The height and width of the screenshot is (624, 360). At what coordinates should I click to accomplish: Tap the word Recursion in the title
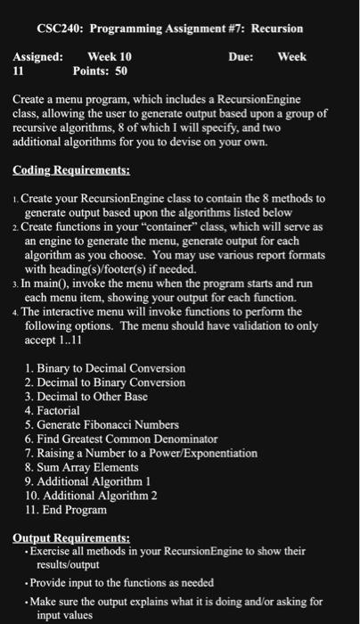tap(277, 29)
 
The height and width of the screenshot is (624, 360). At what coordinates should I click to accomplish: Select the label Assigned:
tap(38, 56)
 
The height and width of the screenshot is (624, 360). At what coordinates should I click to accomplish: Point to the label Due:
tap(241, 56)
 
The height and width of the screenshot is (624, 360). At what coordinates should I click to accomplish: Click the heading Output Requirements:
tap(72, 538)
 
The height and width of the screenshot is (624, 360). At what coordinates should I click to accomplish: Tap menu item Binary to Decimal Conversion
tap(110, 368)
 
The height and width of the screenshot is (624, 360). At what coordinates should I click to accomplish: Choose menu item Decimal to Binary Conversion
tap(110, 382)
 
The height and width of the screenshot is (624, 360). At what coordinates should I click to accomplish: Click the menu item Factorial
tap(63, 411)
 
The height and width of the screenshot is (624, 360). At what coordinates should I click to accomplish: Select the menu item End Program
tap(73, 510)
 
